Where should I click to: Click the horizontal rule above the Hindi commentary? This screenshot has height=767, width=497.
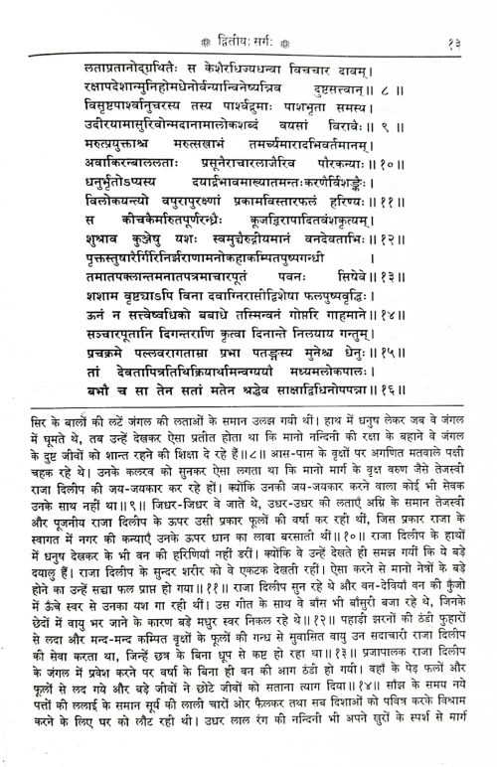(x=248, y=475)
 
